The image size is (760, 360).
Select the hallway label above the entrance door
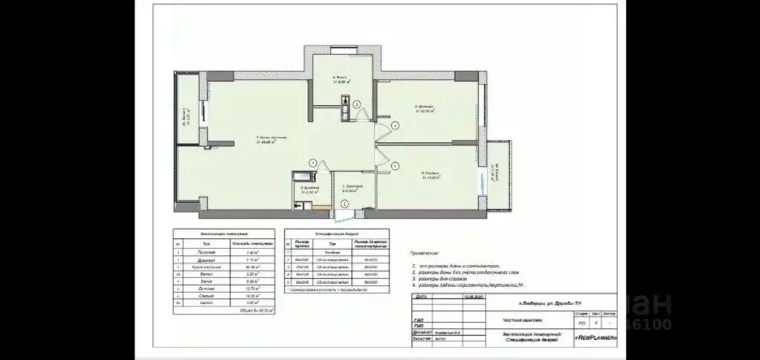pos(352,187)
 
